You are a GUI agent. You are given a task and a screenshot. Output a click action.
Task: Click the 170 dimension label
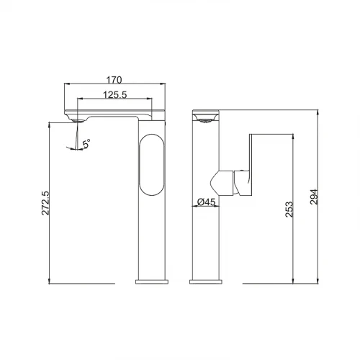[114, 80]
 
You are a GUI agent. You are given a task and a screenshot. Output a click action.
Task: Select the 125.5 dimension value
[115, 95]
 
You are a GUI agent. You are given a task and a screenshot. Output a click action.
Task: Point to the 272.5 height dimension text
[45, 203]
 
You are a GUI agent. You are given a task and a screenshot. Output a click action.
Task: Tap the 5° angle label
[86, 143]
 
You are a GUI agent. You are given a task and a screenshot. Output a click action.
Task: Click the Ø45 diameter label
[206, 202]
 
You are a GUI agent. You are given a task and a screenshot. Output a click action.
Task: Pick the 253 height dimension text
[289, 210]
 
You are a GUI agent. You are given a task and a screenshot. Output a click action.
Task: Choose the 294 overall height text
[314, 197]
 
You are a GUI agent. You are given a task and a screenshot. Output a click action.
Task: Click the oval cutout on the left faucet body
[152, 165]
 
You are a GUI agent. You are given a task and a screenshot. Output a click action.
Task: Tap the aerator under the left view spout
[77, 121]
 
